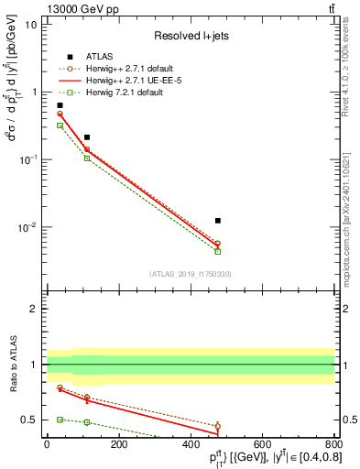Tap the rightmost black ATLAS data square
click(217, 221)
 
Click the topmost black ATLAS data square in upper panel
click(60, 105)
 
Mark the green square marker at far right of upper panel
click(217, 251)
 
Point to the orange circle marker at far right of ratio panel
click(217, 426)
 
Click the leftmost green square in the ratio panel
click(60, 419)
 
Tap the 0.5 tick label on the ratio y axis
click(29, 420)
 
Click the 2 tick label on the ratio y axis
click(34, 309)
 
